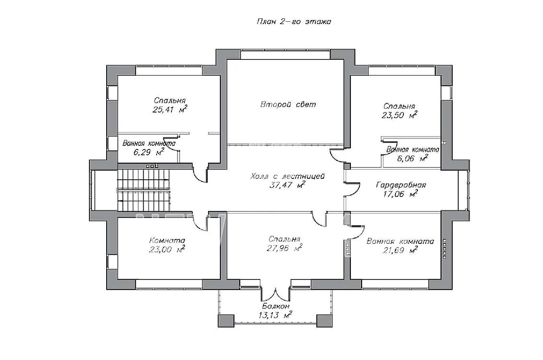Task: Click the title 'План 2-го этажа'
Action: (x=294, y=22)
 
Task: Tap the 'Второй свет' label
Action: (x=288, y=104)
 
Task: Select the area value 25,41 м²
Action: (x=170, y=110)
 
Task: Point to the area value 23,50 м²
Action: (x=399, y=115)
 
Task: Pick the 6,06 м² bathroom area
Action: (x=413, y=158)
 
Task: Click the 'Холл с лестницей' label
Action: (x=287, y=176)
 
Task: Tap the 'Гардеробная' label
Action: (x=401, y=185)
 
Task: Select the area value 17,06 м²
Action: (x=400, y=194)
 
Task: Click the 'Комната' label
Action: (x=167, y=240)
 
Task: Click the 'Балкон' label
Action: (x=276, y=306)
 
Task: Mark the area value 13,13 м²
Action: (x=275, y=315)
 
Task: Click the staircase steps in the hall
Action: (x=144, y=190)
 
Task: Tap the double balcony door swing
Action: (x=276, y=293)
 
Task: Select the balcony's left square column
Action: (x=226, y=321)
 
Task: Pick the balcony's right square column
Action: (x=324, y=321)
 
